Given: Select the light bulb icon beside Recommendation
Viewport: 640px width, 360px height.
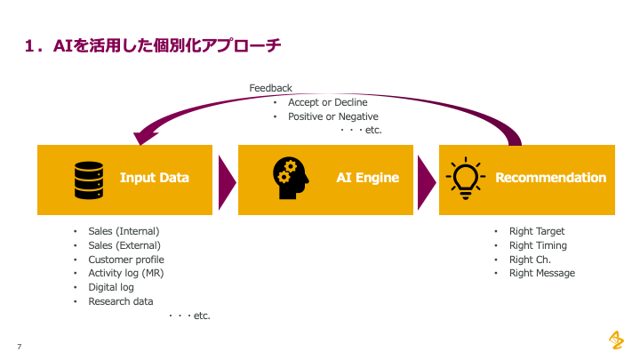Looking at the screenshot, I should coord(466,178).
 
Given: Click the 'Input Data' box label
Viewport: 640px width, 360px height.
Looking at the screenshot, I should coord(155,178).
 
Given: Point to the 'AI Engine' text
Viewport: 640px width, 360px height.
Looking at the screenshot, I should coord(367,178).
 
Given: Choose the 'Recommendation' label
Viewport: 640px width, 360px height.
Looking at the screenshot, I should coord(550,178).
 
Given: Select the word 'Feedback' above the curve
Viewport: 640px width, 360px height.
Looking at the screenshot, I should coord(270,88).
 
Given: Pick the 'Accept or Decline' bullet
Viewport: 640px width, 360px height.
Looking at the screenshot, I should coord(327,102).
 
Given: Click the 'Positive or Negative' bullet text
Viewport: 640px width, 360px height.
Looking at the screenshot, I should coord(332,116).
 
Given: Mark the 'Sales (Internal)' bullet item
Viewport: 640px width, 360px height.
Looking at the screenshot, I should coord(124,231).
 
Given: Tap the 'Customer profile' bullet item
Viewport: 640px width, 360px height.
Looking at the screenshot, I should coord(125,260).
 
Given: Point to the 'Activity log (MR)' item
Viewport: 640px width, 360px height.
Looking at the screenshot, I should coord(125,273).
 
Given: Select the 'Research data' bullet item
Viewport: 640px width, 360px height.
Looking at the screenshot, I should coord(120,301).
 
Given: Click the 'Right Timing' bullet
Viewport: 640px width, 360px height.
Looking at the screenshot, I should coord(537,245).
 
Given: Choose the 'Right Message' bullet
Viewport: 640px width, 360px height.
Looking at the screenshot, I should coord(541,273).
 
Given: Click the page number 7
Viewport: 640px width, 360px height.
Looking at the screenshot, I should coord(19,346).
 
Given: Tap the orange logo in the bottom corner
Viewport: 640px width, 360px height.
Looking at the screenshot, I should coord(615,340).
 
